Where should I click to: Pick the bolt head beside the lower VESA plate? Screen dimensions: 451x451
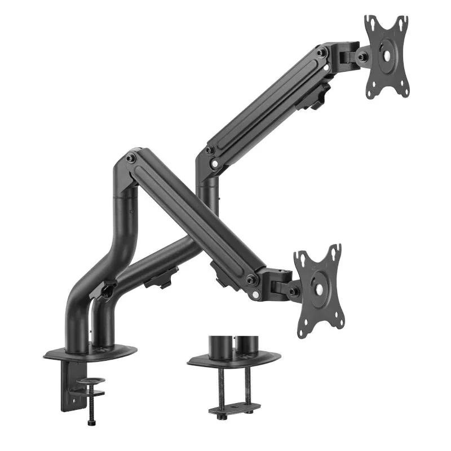pyautogui.click(x=294, y=291)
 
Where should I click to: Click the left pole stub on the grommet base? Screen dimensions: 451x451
pyautogui.click(x=218, y=344)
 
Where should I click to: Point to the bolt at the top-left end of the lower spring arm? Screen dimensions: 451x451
pyautogui.click(x=131, y=158)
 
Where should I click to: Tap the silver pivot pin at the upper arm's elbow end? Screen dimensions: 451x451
pyautogui.click(x=215, y=164)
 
